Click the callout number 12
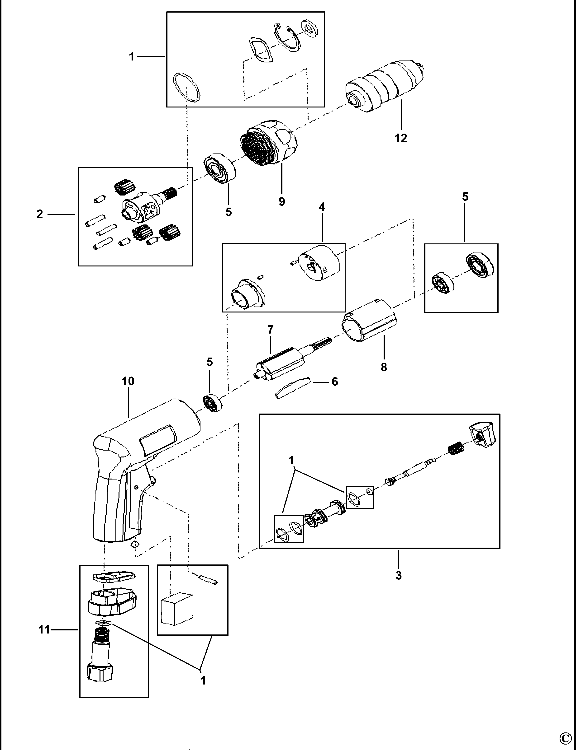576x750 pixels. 400,138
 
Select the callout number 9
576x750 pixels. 281,201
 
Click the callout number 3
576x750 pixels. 398,575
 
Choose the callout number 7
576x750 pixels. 271,330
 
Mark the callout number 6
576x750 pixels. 335,382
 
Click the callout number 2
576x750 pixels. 40,214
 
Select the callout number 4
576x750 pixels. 322,207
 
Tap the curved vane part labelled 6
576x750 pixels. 292,388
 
